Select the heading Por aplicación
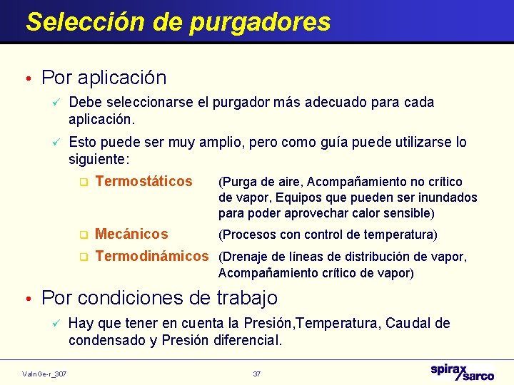pos(104,77)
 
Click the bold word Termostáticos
pos(143,181)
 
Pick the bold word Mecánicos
pos(131,234)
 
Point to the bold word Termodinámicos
pos(152,256)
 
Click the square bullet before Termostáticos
pos(83,183)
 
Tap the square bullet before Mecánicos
pos(83,235)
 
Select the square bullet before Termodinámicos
pos(83,257)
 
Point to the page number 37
pos(257,374)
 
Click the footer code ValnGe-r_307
pos(44,374)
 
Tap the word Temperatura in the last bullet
pos(341,324)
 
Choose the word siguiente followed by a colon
pos(96,158)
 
